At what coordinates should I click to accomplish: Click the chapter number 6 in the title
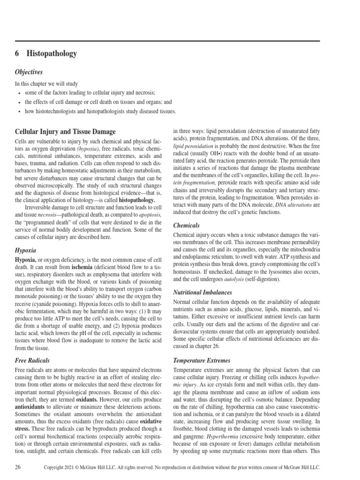pos(17,54)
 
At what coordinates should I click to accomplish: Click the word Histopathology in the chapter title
pos(52,54)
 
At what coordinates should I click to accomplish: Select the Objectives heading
pos(29,72)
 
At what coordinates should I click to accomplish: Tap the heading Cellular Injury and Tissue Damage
pos(65,132)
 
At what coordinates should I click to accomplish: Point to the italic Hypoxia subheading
pos(26,250)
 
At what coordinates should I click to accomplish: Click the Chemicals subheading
pos(187,225)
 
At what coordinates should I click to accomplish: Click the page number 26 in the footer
pos(18,467)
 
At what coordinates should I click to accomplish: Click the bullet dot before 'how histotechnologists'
pos(18,112)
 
